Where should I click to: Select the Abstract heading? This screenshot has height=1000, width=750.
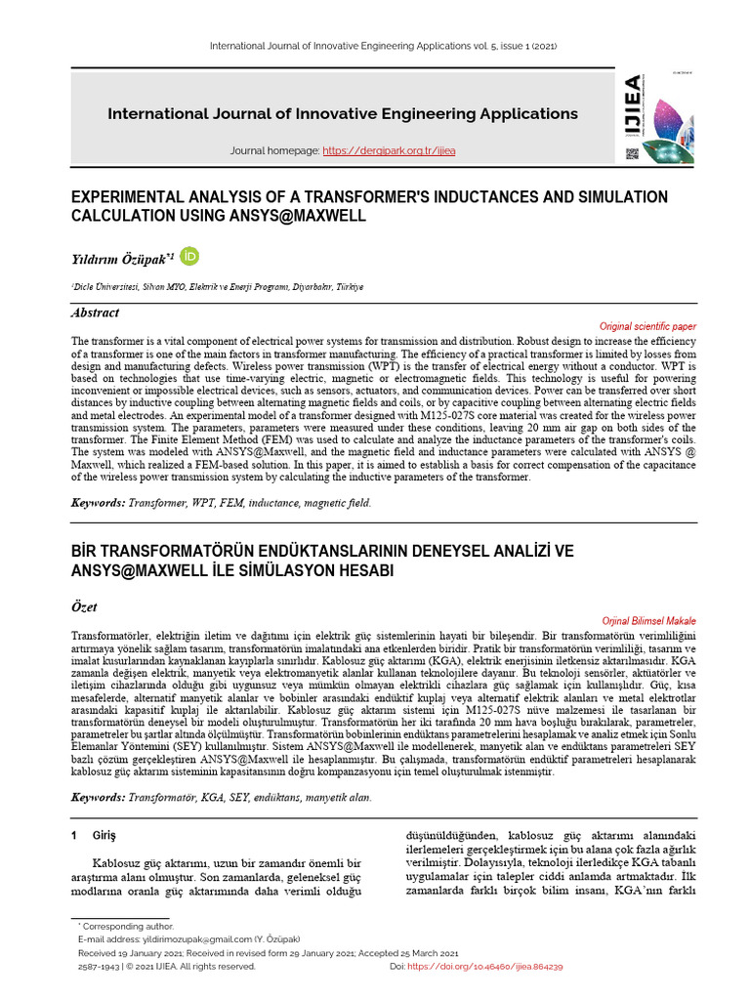click(96, 313)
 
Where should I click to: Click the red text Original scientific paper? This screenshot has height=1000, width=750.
click(646, 325)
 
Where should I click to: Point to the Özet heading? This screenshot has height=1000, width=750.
click(84, 607)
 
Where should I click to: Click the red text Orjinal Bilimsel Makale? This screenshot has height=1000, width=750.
click(648, 620)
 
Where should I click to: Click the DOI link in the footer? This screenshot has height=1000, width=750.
click(491, 966)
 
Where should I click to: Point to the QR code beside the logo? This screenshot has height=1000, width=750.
click(631, 153)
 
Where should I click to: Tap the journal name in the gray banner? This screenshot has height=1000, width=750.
click(342, 113)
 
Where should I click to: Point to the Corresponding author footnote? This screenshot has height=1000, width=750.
click(127, 925)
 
